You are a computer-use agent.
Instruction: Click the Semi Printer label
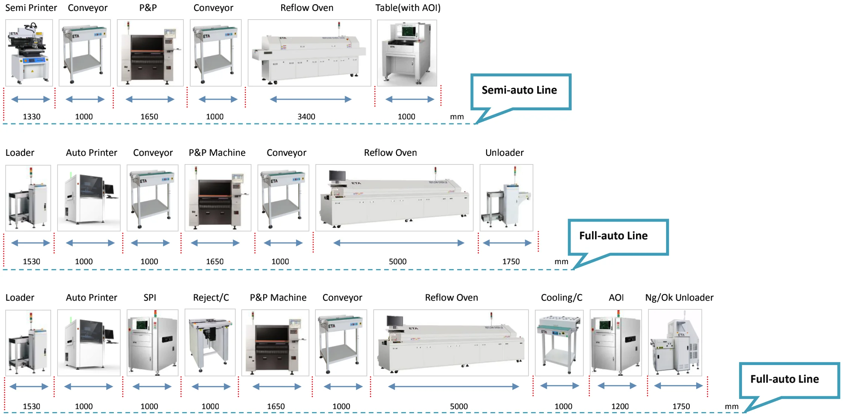31,8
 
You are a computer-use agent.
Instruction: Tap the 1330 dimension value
32,117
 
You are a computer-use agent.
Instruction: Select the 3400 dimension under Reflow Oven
306,117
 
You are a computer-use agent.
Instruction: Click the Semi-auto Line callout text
519,90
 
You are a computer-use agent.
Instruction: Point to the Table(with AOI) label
408,8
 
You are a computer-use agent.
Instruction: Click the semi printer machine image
29,53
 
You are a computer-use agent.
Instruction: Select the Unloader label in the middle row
504,153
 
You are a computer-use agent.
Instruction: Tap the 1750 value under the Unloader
511,262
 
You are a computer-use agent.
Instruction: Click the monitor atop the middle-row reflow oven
337,176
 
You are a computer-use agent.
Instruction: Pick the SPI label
150,298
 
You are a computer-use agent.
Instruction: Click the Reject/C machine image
210,342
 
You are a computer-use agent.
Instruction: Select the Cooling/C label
561,298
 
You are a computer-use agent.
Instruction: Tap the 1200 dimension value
619,406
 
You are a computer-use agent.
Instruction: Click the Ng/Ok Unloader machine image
675,342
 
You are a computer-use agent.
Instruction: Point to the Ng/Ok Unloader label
679,298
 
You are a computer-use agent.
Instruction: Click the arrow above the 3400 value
310,99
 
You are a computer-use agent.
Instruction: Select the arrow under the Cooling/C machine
559,386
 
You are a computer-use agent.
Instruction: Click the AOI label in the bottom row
616,298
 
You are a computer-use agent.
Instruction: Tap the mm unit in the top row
457,117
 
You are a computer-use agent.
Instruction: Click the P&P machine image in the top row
150,53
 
